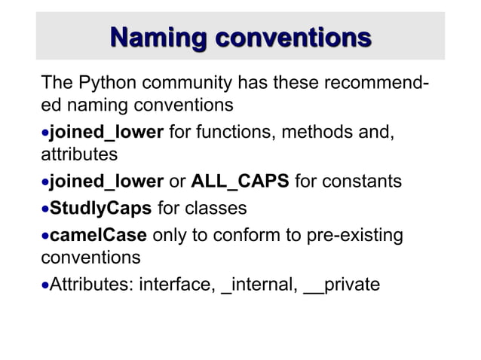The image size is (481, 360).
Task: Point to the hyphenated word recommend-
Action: [377, 82]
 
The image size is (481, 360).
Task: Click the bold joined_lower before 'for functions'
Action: [106, 133]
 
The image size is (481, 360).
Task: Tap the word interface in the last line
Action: [177, 285]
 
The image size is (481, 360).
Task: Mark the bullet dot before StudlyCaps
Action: [44, 209]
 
